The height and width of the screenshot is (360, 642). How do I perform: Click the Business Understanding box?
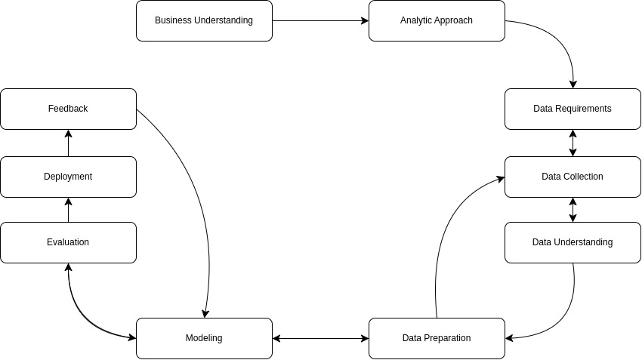click(204, 20)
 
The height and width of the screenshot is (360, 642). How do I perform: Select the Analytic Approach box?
click(437, 20)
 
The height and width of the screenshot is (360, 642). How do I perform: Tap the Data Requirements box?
click(573, 109)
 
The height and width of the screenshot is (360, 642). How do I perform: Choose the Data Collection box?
click(573, 177)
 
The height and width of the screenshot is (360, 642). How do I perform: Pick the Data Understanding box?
click(573, 242)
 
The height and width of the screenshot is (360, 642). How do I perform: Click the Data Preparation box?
click(437, 338)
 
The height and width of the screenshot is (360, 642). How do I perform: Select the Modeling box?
click(204, 338)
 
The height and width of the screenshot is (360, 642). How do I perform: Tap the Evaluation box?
click(68, 242)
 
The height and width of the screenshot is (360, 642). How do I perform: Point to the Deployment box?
click(68, 177)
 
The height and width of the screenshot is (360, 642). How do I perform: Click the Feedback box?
click(68, 109)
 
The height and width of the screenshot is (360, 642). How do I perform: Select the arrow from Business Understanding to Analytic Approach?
click(320, 20)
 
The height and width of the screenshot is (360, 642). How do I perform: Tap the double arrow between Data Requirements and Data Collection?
click(573, 143)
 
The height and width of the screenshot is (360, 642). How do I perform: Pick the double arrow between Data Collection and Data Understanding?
click(573, 210)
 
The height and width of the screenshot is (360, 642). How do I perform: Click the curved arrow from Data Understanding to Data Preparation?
click(563, 317)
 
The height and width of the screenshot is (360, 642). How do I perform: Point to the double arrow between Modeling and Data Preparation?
click(320, 338)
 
